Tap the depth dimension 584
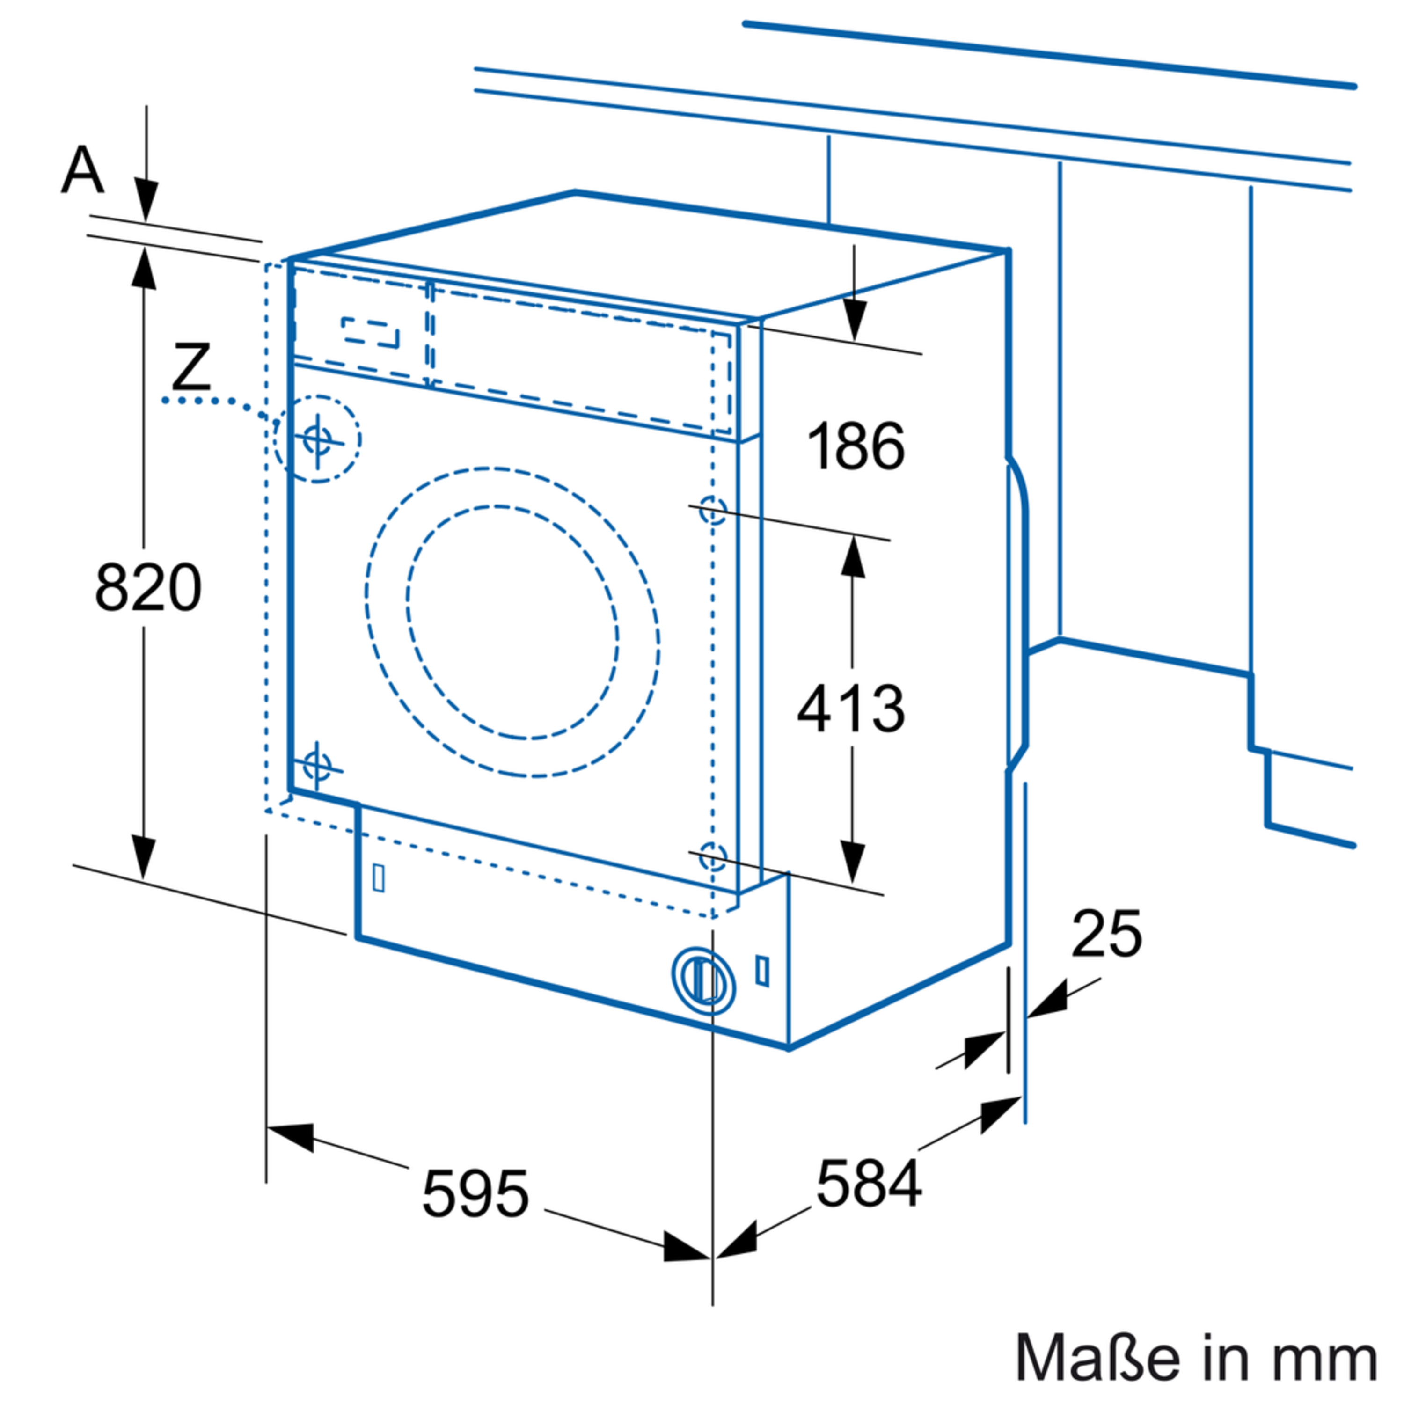(869, 1184)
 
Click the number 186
(856, 446)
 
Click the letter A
(82, 170)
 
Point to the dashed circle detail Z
(318, 439)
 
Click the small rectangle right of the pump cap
(762, 971)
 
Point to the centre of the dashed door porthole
(513, 623)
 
